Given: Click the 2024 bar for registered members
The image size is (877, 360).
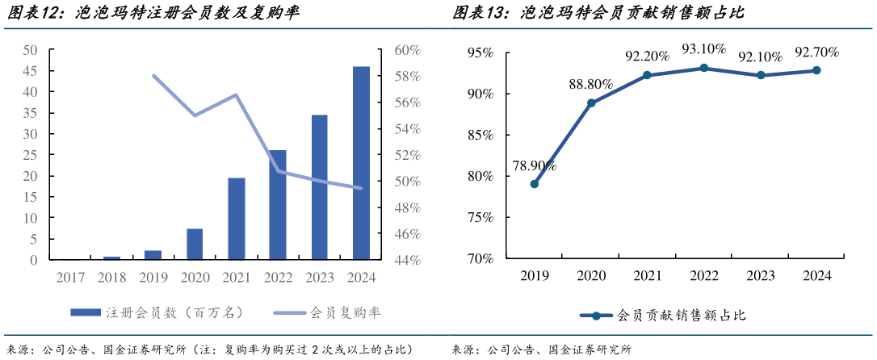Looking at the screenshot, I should [361, 163].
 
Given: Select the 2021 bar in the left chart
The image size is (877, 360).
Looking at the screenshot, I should [237, 219].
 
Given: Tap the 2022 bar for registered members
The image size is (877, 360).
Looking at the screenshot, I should [278, 205].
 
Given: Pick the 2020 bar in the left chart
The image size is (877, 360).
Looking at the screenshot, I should [195, 245].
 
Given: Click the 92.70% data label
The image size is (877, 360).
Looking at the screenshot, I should [816, 53].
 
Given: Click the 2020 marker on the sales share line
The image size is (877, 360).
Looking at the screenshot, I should [591, 103].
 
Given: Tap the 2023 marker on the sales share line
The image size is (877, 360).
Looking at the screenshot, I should [760, 76].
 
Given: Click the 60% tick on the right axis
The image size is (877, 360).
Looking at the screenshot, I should [407, 50].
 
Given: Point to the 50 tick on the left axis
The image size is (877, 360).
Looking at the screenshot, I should [30, 50].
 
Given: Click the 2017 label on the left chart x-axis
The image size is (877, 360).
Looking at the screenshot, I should [70, 278].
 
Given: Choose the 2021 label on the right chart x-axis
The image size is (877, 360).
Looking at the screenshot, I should [647, 276].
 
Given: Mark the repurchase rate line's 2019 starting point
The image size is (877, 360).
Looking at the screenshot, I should [153, 76].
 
